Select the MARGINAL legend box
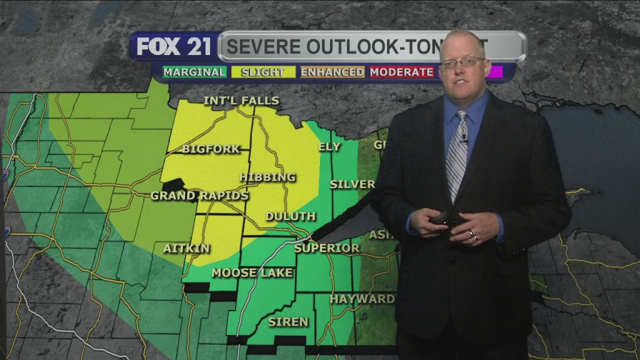194,72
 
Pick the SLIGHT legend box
262,72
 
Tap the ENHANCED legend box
332,72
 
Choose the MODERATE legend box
401,72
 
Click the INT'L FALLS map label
241,101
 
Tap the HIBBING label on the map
267,177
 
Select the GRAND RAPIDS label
199,196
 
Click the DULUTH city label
290,216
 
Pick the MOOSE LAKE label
242,272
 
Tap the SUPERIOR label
326,248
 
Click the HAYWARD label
362,299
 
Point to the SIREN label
288,322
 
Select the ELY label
330,147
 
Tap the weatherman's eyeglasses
462,62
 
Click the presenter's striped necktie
457,154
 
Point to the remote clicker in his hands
445,218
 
